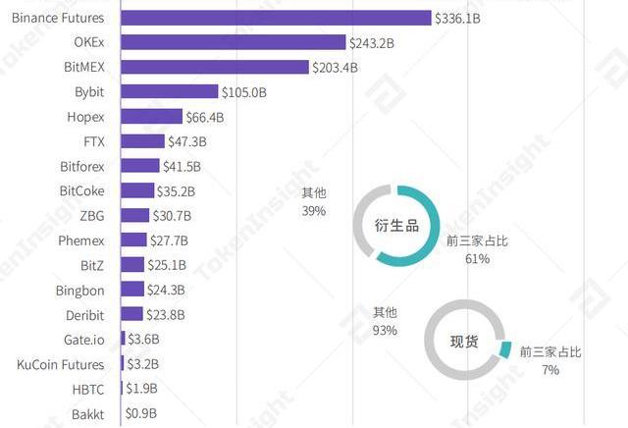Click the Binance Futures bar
(275, 18)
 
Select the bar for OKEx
(233, 42)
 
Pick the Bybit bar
(169, 91)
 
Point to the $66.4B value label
(205, 117)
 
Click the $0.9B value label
(141, 414)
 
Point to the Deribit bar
(131, 314)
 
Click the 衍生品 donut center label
(396, 226)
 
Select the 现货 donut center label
(465, 342)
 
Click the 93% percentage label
(385, 331)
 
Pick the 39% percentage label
(314, 211)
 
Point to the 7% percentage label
(549, 370)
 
